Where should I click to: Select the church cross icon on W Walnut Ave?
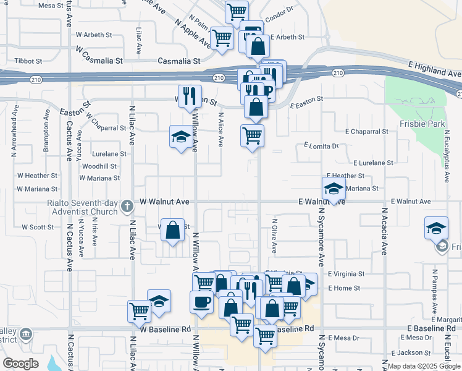[127, 205]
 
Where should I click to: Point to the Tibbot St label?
[28, 61]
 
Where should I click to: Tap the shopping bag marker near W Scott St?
[173, 231]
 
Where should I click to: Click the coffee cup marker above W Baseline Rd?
[202, 302]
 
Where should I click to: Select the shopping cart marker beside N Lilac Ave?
[140, 310]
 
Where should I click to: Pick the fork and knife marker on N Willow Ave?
[190, 96]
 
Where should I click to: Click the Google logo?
[20, 363]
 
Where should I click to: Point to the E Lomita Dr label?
[322, 146]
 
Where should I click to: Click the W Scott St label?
[38, 227]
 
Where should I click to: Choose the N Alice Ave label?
[220, 129]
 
